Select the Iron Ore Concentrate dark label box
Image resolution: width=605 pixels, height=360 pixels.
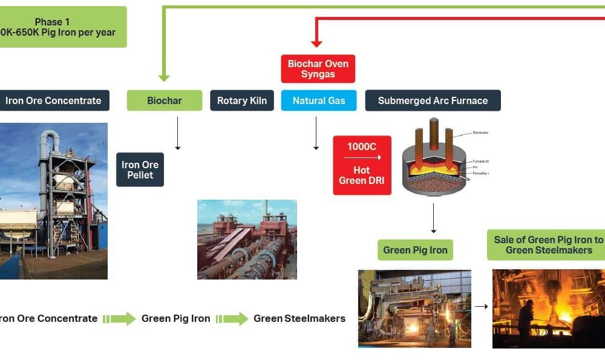click(x=54, y=100)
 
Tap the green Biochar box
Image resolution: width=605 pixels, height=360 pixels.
click(x=164, y=100)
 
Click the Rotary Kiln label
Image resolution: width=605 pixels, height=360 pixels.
click(x=241, y=100)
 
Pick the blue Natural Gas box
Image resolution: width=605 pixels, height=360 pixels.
click(x=318, y=100)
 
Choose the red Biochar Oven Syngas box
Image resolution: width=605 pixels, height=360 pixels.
click(x=318, y=68)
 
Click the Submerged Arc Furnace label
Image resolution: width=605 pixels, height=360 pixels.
click(x=433, y=100)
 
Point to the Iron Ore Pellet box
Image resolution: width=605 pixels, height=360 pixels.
click(x=140, y=169)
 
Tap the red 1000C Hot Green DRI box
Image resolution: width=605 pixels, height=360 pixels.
click(x=362, y=165)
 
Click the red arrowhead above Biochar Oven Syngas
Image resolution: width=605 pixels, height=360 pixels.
click(x=316, y=43)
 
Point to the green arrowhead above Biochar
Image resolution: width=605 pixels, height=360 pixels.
click(x=163, y=77)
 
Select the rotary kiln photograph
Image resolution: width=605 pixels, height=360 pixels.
click(x=247, y=239)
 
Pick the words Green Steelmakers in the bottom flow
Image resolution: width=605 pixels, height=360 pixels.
click(x=299, y=318)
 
